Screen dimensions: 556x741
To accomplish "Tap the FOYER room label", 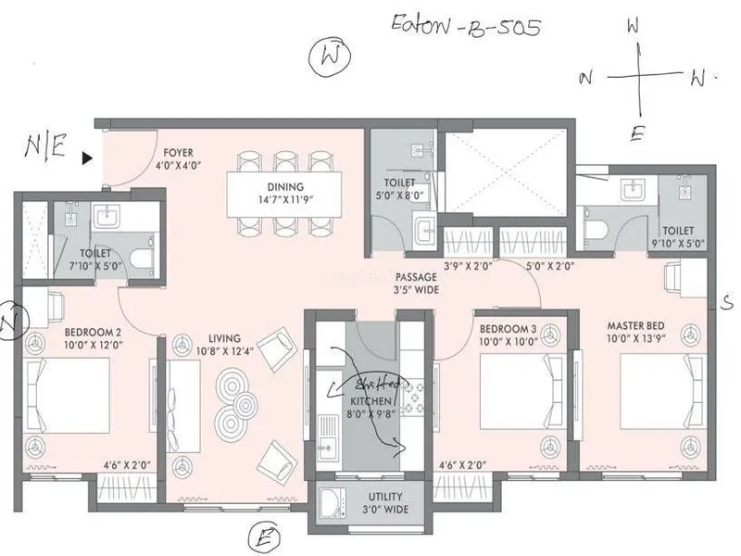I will (x=178, y=152).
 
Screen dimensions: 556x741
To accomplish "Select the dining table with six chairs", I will (x=284, y=196).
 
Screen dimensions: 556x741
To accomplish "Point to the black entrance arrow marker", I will (x=88, y=158).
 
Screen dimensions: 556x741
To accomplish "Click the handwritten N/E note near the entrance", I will (x=44, y=149).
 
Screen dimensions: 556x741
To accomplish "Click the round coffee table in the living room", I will (x=239, y=393).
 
